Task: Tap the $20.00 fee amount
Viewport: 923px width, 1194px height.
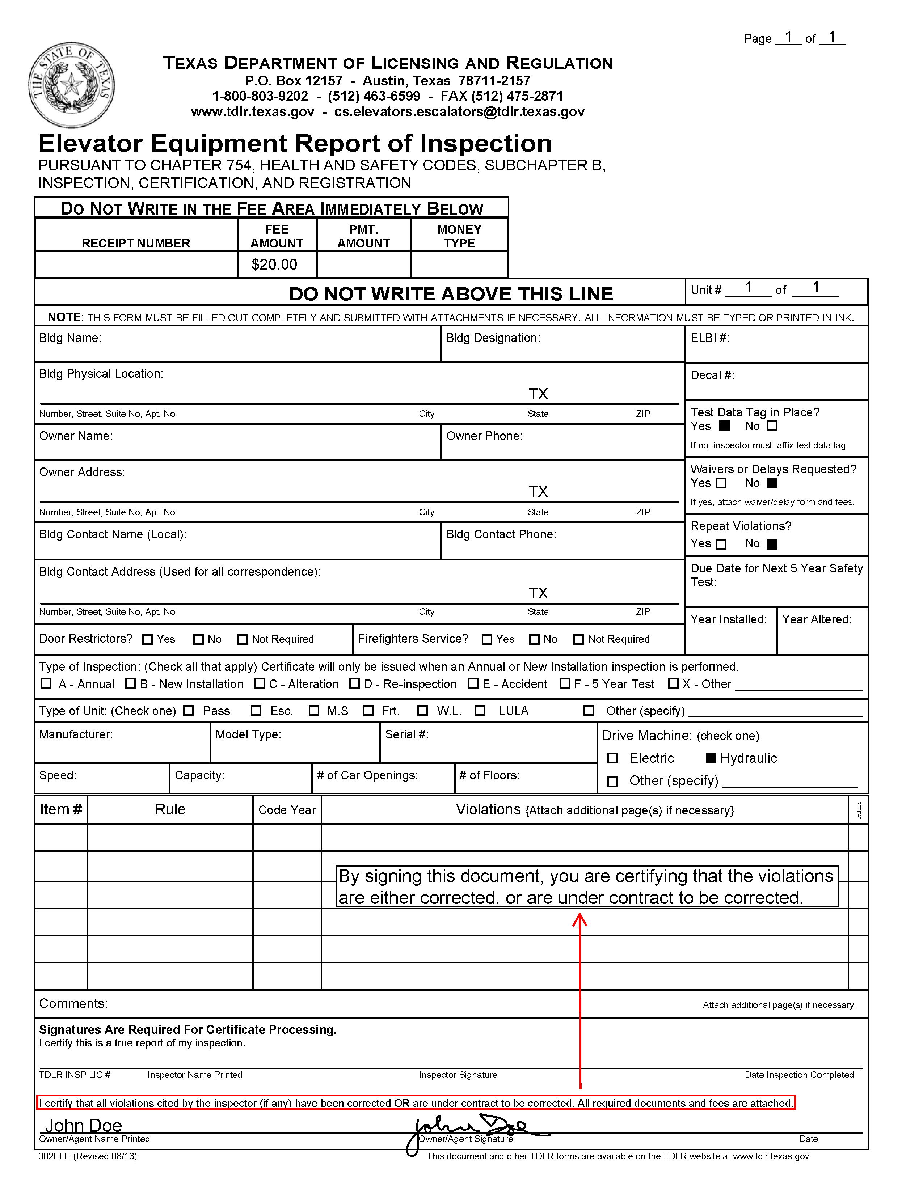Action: click(x=274, y=264)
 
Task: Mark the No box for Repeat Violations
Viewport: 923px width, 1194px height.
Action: click(x=772, y=544)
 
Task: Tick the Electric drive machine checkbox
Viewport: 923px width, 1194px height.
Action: click(x=613, y=758)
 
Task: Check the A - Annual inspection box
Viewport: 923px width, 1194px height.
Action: click(x=46, y=683)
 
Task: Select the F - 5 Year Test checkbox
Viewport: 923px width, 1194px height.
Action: click(x=565, y=683)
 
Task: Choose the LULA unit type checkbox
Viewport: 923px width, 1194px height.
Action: click(x=480, y=711)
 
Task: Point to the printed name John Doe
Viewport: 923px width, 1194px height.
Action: click(x=83, y=1126)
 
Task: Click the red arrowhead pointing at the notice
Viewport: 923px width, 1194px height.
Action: click(x=579, y=921)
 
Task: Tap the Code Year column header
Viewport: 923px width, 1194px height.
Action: click(x=287, y=810)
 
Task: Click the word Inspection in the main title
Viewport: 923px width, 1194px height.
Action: click(x=485, y=144)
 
